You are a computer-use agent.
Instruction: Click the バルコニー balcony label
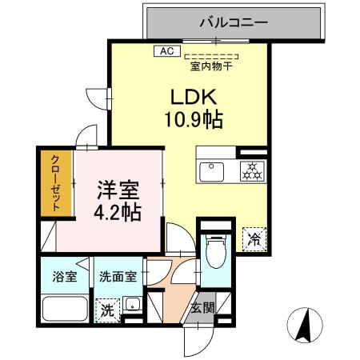click(237, 22)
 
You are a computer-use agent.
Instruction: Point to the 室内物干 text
click(211, 66)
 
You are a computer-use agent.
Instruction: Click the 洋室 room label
click(118, 191)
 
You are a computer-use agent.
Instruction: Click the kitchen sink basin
click(214, 170)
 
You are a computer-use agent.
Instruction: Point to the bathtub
click(64, 309)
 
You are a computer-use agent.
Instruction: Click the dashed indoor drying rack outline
click(211, 57)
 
